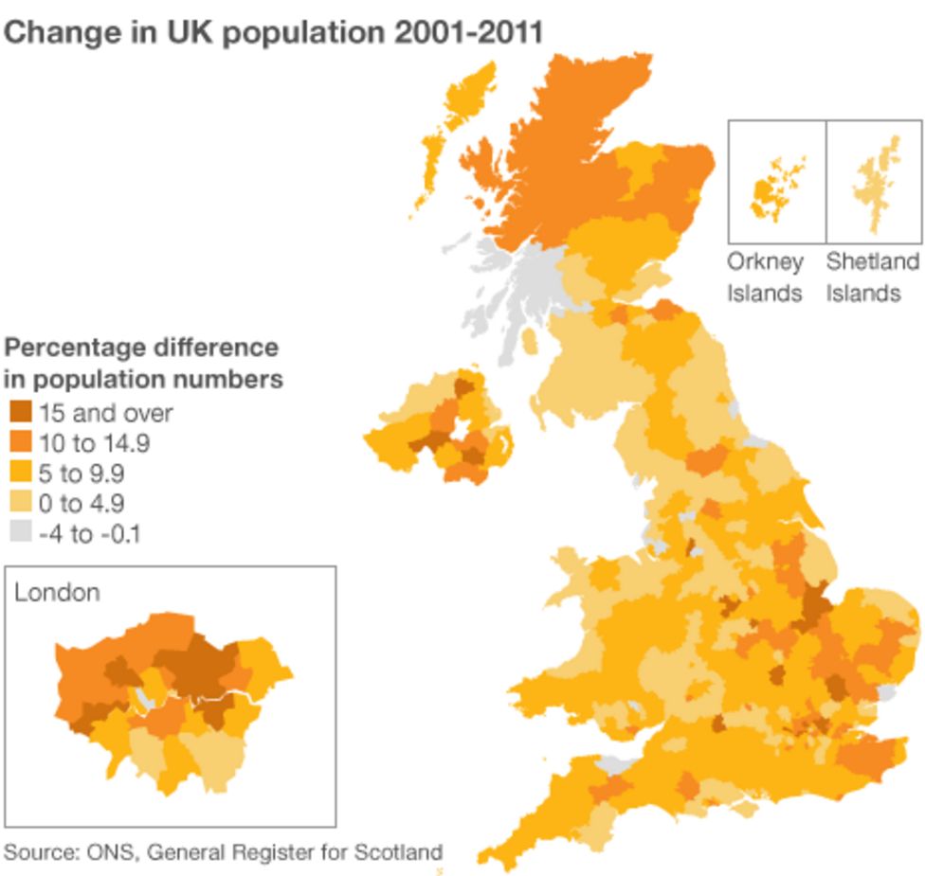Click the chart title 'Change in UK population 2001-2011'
[x=274, y=32]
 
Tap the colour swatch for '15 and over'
[x=20, y=412]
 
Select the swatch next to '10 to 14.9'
[x=20, y=442]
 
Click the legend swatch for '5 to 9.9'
[x=20, y=473]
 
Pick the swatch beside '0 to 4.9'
[x=20, y=503]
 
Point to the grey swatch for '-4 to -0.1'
[x=20, y=533]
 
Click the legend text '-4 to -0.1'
[x=90, y=534]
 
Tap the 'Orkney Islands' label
[x=765, y=277]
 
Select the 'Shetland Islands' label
[x=872, y=277]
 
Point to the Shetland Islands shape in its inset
[x=877, y=185]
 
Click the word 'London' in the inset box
[x=57, y=593]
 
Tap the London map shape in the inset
[x=171, y=701]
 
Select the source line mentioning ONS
[x=223, y=851]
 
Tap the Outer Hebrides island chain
[x=460, y=114]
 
